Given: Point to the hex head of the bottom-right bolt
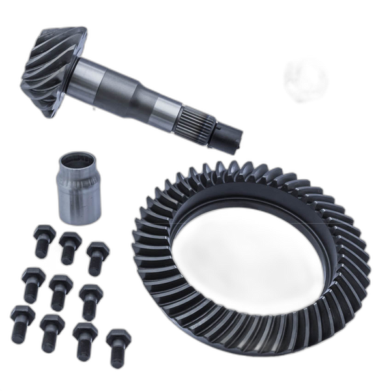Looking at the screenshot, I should coord(115,337).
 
